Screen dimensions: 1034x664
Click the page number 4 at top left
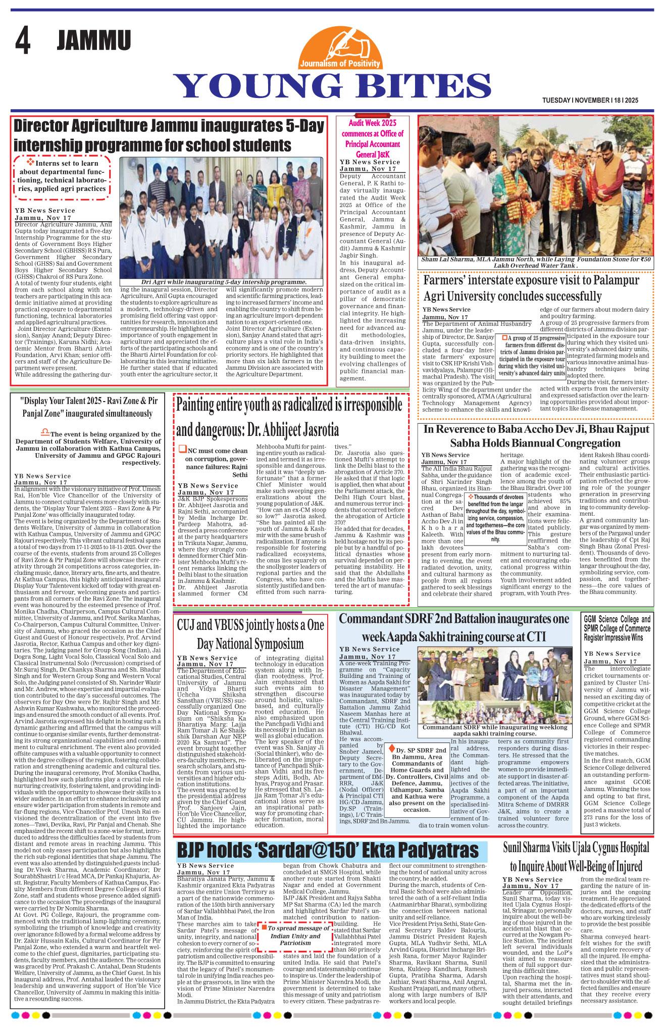pos(22,41)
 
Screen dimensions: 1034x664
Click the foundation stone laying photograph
pos(536,185)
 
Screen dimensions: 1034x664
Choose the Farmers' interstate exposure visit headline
pos(531,288)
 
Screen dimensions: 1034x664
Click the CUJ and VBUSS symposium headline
pos(250,634)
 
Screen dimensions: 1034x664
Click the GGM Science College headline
pos(617,628)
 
